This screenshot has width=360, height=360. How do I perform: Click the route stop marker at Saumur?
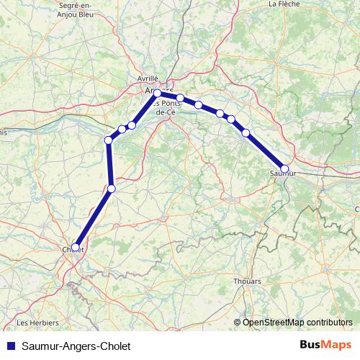pyautogui.click(x=284, y=169)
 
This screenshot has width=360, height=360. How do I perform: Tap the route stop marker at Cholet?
pyautogui.click(x=76, y=247)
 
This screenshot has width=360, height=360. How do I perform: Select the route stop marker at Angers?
pyautogui.click(x=158, y=93)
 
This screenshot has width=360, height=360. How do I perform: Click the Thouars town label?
pyautogui.click(x=247, y=282)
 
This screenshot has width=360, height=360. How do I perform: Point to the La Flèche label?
pyautogui.click(x=284, y=4)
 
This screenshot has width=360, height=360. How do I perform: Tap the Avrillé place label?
pyautogui.click(x=148, y=78)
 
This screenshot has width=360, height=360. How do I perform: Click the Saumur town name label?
pyautogui.click(x=282, y=174)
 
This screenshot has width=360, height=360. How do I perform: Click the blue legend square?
pyautogui.click(x=8, y=346)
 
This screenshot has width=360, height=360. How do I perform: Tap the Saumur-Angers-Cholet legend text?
pyautogui.click(x=71, y=346)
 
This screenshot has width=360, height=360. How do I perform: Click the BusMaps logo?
pyautogui.click(x=326, y=345)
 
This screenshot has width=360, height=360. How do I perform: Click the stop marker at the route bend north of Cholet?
pyautogui.click(x=111, y=189)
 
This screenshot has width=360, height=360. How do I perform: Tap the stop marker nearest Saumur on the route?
pyautogui.click(x=246, y=132)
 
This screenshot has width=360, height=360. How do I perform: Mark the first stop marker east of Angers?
pyautogui.click(x=181, y=98)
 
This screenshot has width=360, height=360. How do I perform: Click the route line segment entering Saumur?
pyautogui.click(x=266, y=151)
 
